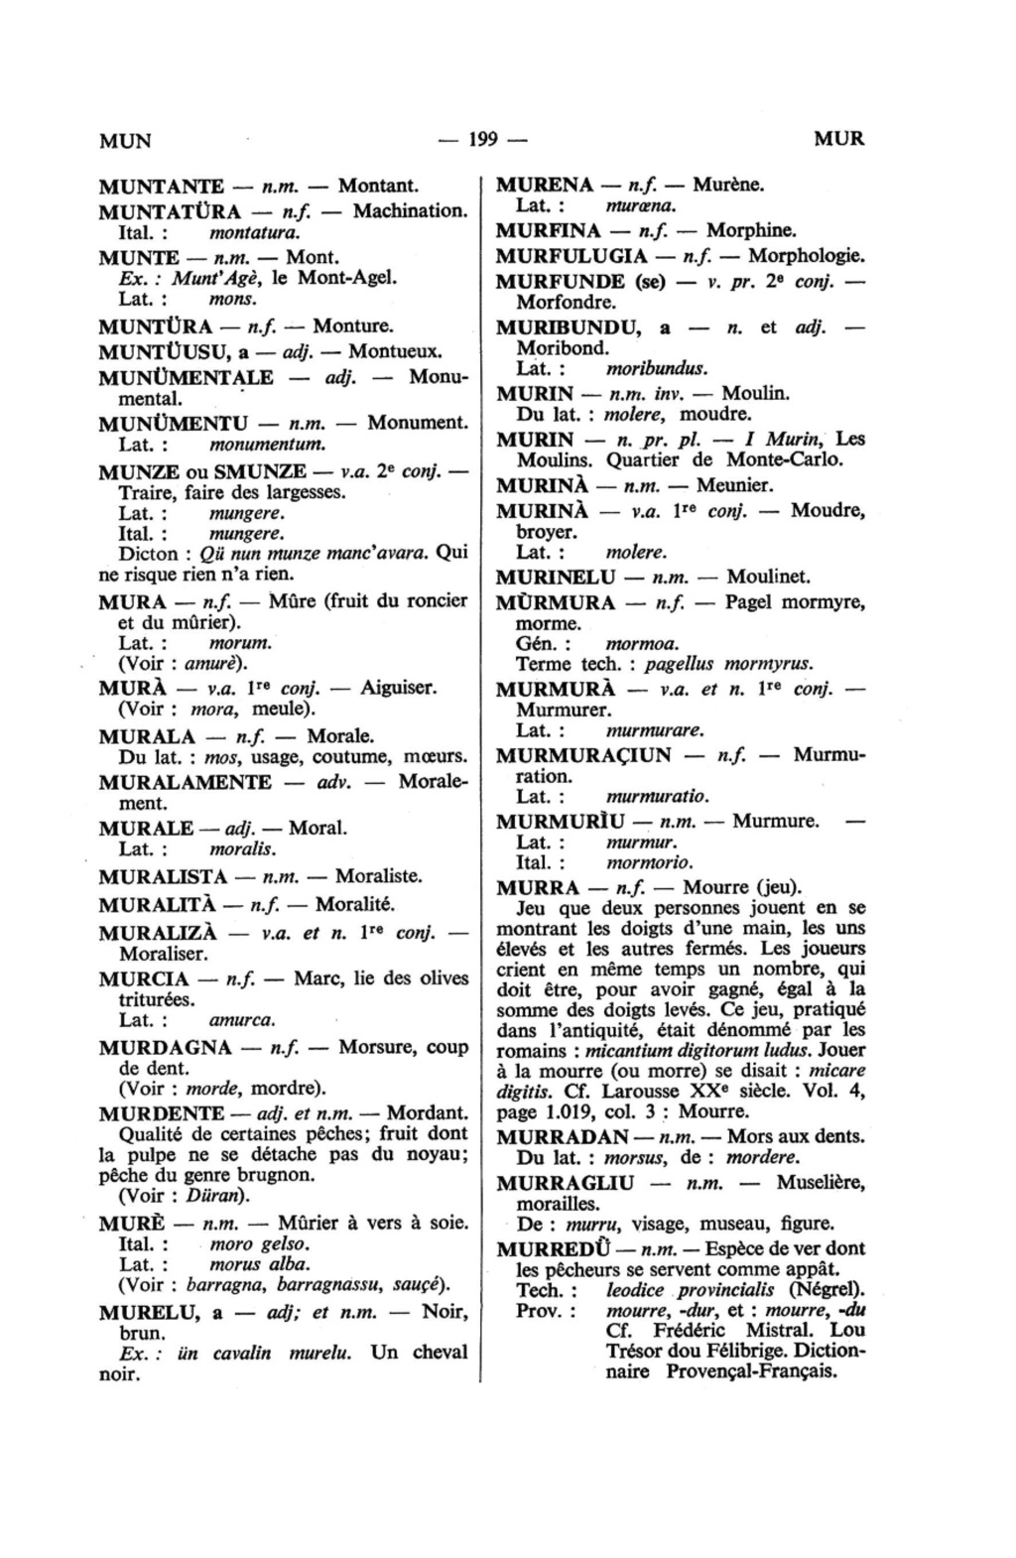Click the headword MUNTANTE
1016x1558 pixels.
tap(161, 186)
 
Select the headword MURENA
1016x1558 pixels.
tap(544, 185)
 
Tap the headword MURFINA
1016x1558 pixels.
tap(549, 231)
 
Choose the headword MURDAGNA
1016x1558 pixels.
tap(165, 1047)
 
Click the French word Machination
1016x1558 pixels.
tap(409, 210)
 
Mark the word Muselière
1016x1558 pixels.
tap(822, 1183)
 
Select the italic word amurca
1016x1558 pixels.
tap(243, 1020)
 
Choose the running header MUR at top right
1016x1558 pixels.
tap(838, 139)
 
